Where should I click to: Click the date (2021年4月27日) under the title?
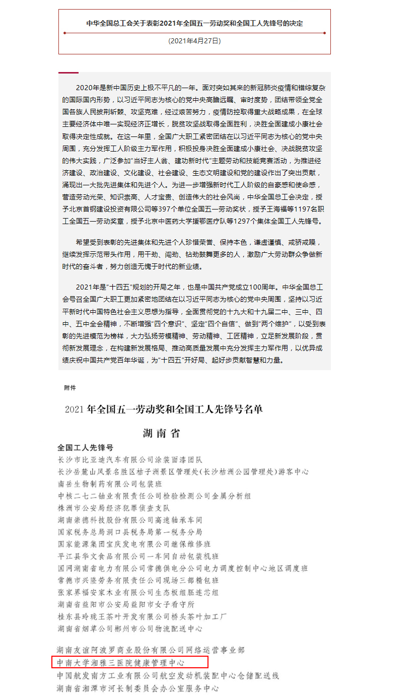(194, 41)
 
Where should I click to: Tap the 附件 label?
(70, 388)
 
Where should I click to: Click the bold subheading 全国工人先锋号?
(85, 448)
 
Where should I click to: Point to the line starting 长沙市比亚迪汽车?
(130, 460)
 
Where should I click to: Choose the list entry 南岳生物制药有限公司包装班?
(110, 484)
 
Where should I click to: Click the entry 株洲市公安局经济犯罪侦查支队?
(114, 508)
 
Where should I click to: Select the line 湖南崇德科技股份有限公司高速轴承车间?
(130, 520)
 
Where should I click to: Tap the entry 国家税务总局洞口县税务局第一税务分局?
(130, 532)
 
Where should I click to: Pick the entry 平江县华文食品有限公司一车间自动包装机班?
(138, 556)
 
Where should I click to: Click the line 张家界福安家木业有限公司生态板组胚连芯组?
(138, 593)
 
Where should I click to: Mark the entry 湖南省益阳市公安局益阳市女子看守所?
(126, 605)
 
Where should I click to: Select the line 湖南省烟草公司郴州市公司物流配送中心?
(130, 629)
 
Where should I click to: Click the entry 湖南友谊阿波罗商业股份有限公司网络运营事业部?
(151, 651)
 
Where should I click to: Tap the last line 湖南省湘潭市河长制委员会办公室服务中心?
(138, 688)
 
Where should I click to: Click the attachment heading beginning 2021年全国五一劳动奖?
(164, 409)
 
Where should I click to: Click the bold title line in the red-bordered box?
(194, 23)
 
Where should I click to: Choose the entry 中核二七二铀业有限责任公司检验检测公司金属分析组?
(154, 496)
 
